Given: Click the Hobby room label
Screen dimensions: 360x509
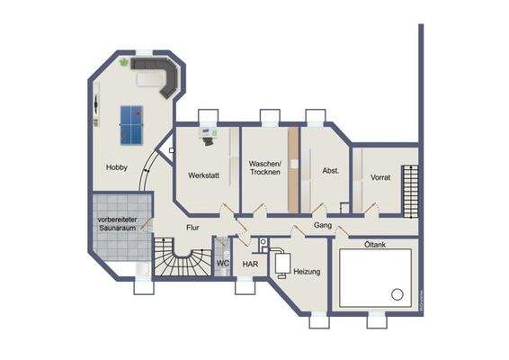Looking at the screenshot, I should point(116,168).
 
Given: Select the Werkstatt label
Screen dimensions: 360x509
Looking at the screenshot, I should point(203,175).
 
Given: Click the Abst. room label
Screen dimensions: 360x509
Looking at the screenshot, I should point(329,170).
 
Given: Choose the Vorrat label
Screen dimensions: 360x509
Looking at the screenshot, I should point(380,178).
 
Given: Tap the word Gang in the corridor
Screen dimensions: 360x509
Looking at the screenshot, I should point(324,225).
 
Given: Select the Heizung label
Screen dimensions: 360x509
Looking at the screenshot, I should point(307,271).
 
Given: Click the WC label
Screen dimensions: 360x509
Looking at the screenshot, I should point(222,264).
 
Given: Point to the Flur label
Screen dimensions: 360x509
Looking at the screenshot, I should point(192,229).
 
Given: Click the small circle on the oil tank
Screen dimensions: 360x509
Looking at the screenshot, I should point(396,293).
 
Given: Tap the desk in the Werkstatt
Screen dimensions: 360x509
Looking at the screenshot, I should point(208,138).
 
